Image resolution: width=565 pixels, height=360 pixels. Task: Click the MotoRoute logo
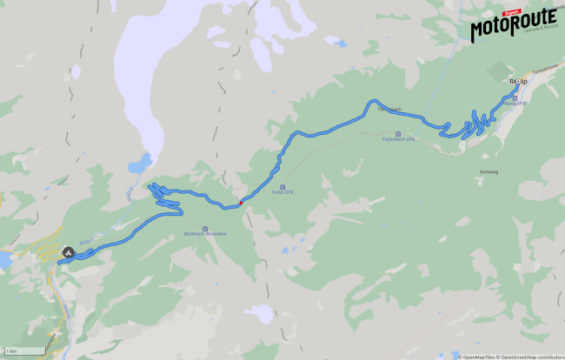click(x=513, y=27)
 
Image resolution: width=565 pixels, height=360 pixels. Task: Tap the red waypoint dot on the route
click(x=241, y=203)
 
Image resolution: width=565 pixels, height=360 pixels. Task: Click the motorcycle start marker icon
click(x=68, y=252)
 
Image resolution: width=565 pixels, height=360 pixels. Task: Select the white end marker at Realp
click(x=518, y=82)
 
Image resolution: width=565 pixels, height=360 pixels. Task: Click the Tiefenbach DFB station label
click(x=400, y=138)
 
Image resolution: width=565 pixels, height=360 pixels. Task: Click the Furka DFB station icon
click(x=281, y=185)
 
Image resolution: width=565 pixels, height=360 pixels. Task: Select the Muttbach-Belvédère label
click(x=205, y=234)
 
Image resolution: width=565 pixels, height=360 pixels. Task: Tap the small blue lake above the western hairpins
click(x=138, y=163)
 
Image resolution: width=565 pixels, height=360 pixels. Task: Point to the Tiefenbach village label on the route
click(x=389, y=110)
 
